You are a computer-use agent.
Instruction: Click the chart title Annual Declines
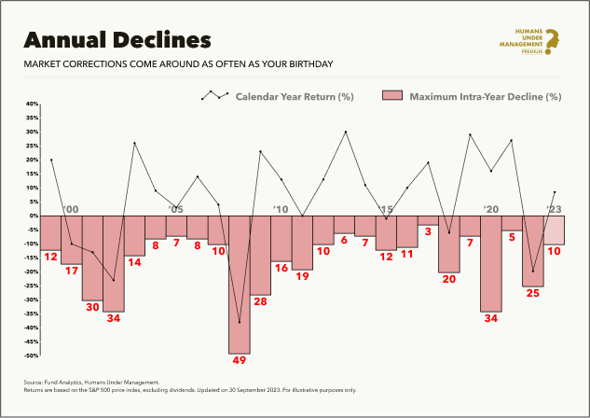point(117,40)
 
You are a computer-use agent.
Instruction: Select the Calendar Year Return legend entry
point(278,96)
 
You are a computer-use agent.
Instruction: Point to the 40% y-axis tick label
point(32,104)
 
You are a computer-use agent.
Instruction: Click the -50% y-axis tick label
point(32,355)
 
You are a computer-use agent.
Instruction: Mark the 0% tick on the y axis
point(34,216)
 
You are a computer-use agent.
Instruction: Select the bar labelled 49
point(239,285)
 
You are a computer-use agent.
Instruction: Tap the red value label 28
point(260,301)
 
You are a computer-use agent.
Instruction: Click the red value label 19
point(302,276)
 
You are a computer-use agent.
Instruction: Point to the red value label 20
point(448,279)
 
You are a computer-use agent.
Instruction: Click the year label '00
point(71,209)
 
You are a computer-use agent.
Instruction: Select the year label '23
point(554,209)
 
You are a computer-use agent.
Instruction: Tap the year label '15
point(386,209)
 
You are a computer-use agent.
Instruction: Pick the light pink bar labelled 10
point(554,230)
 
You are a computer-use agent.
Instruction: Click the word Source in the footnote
point(34,382)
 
